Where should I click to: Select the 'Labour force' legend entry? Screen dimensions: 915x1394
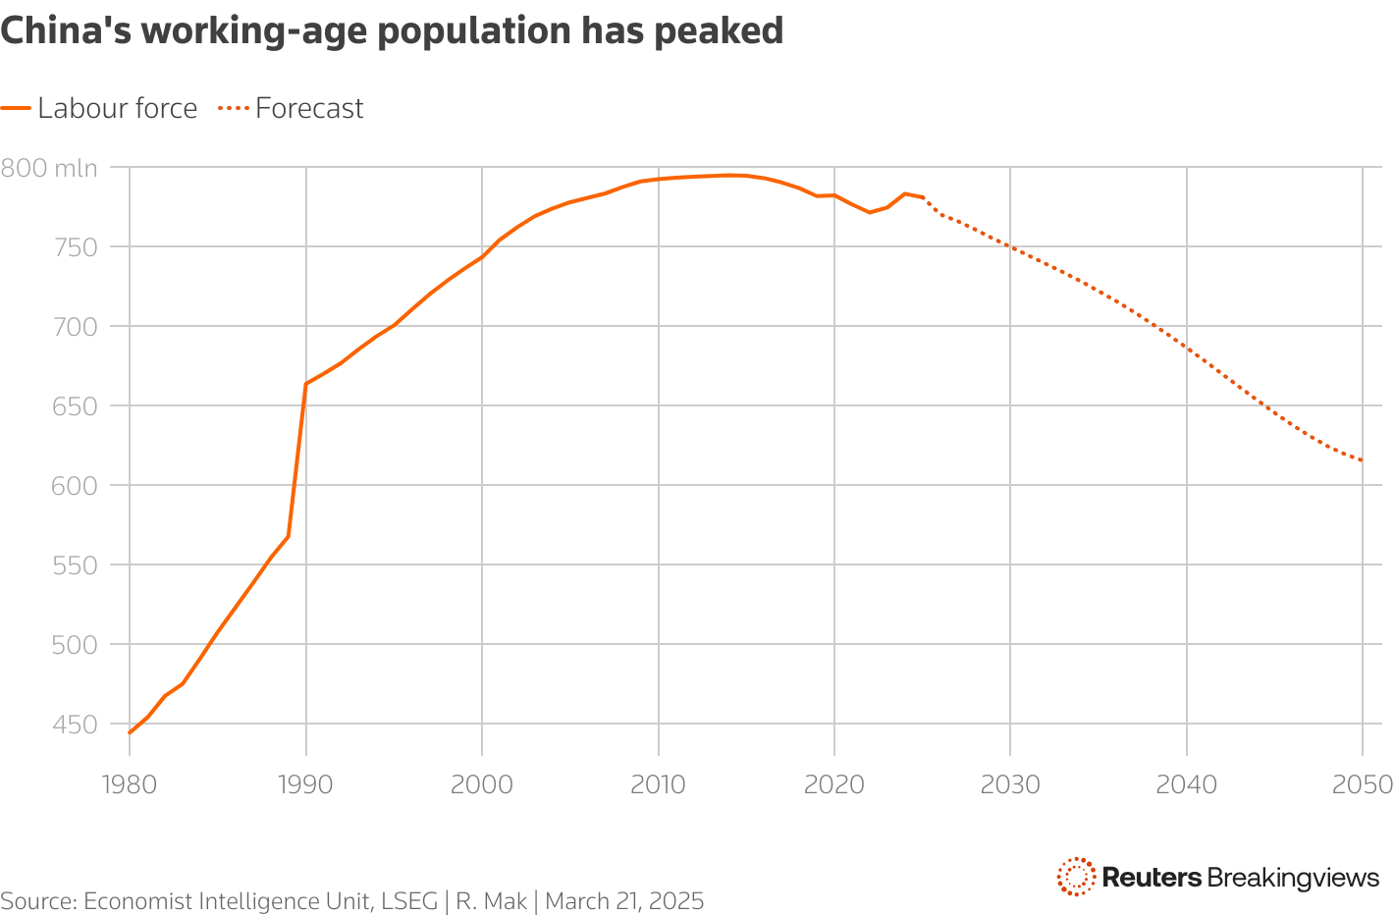[117, 108]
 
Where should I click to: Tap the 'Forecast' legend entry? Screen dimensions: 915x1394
[309, 108]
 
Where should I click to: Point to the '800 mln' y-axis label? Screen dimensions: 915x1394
[49, 168]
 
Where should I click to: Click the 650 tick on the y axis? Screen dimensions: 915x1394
[76, 406]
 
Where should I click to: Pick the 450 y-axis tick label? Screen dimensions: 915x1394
[76, 725]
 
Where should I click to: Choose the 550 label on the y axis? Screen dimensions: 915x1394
[76, 565]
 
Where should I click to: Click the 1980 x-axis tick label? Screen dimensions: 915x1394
[130, 784]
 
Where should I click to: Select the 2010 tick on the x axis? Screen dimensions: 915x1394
[658, 784]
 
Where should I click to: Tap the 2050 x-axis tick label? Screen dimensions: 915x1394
[1363, 784]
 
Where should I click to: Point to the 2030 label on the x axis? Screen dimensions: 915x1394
[1010, 784]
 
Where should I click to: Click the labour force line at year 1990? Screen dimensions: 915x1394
[306, 384]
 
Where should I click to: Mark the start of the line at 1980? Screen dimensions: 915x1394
[130, 732]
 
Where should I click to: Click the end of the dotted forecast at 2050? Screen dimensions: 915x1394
[1363, 460]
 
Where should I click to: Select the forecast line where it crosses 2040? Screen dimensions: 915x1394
[1187, 348]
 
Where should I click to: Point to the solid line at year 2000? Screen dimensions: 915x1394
[482, 257]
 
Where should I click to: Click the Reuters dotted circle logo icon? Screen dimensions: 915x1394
[1076, 876]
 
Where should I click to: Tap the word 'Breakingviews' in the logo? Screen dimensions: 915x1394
[1293, 877]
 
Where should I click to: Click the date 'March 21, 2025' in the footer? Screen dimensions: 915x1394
[624, 901]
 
